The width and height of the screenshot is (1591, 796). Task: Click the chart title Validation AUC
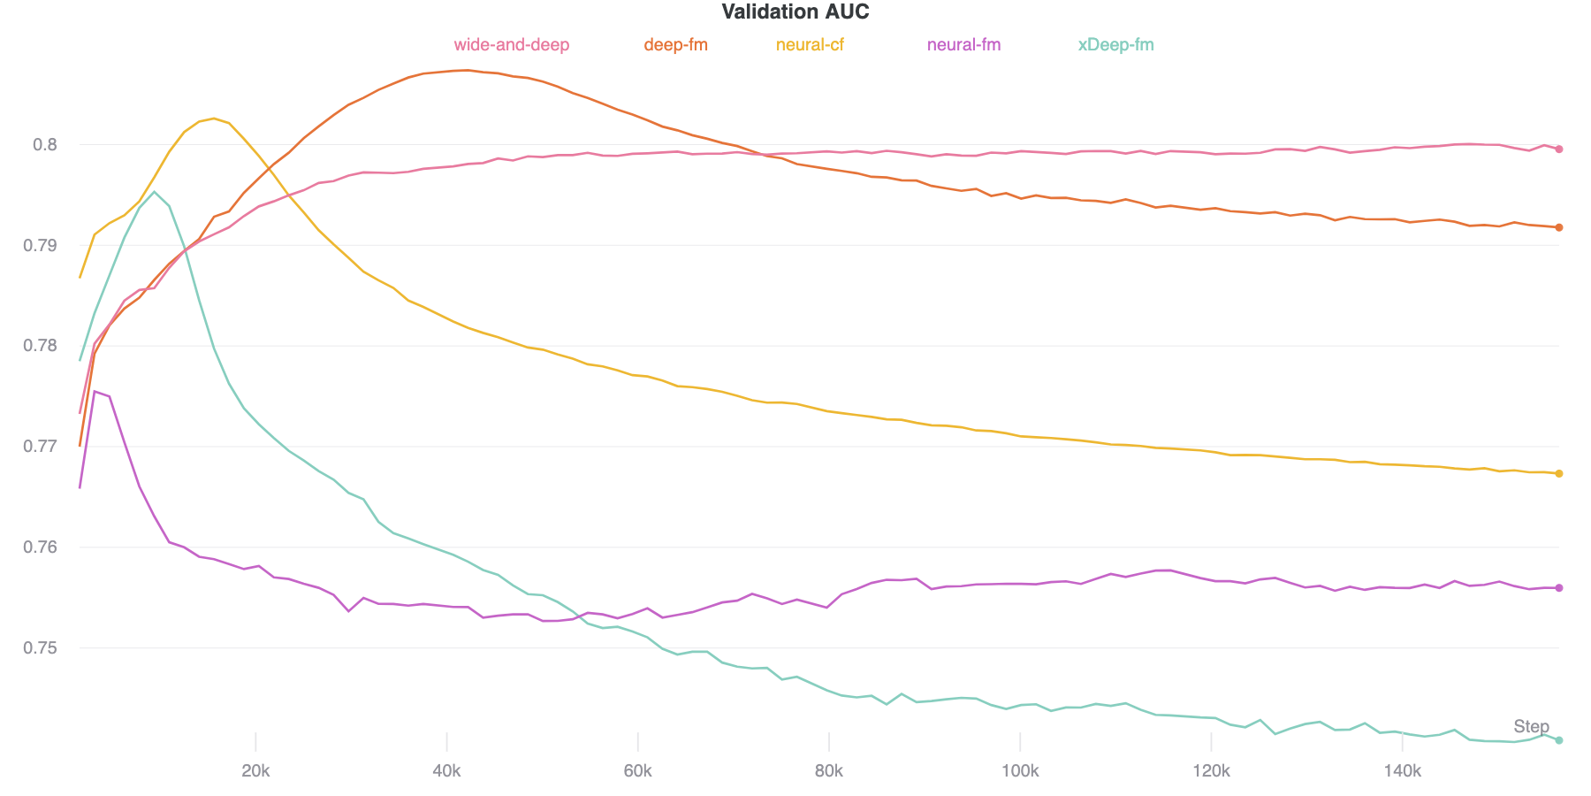coord(795,12)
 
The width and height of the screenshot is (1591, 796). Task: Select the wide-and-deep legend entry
coord(511,45)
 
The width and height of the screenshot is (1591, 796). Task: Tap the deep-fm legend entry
coord(675,45)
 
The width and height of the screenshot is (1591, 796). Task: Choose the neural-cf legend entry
coord(810,45)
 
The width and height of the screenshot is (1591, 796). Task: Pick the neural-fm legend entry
coord(963,45)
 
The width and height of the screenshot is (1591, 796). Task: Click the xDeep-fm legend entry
coord(1115,45)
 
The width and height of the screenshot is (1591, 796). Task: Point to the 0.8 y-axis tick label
coord(45,144)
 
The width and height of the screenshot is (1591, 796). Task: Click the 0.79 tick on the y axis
coord(41,245)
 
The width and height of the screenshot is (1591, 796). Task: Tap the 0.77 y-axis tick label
coord(41,447)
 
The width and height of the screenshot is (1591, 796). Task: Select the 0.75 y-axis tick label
coord(41,648)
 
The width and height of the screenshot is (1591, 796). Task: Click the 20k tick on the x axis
coord(255,771)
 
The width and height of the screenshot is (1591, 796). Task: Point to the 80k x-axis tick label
coord(828,771)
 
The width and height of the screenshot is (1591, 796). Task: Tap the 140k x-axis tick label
coord(1402,771)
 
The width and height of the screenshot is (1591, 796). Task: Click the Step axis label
coord(1531,727)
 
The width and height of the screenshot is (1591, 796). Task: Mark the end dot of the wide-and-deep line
coord(1559,149)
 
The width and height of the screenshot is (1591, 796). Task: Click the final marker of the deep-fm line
coord(1559,227)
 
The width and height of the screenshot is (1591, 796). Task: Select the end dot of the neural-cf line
coord(1559,474)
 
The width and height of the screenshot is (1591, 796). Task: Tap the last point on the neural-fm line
coord(1559,588)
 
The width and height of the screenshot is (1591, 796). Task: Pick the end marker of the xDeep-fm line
coord(1559,740)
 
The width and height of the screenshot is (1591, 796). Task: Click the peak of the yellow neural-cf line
coord(214,119)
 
